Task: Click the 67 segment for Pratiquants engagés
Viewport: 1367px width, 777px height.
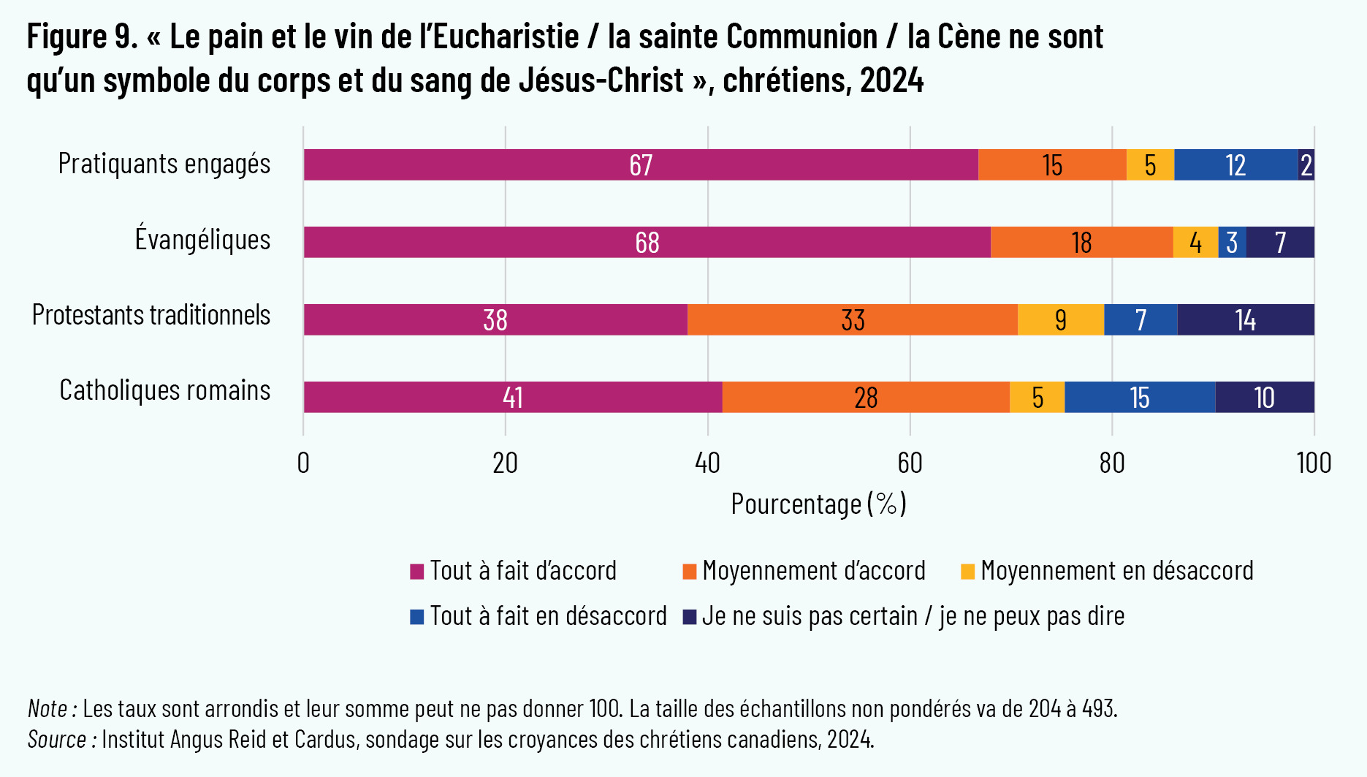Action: [641, 165]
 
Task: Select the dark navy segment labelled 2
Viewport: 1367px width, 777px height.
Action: [1306, 165]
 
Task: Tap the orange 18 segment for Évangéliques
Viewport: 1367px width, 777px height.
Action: [1081, 243]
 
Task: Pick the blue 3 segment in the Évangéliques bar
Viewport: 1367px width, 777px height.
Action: [1232, 243]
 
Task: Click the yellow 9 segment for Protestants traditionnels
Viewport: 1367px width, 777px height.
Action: [1060, 320]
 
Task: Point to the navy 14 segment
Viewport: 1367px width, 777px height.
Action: [1245, 320]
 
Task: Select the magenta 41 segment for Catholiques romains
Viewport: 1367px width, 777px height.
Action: [512, 398]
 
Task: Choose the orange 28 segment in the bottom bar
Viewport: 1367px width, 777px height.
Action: [866, 398]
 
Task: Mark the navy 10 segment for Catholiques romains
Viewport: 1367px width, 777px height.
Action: [1264, 398]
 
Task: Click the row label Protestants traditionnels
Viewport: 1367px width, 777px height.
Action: [151, 315]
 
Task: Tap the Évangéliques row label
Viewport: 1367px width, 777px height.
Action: [202, 240]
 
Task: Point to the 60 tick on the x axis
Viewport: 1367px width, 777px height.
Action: [910, 463]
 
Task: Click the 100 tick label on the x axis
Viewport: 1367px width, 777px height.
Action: [1314, 463]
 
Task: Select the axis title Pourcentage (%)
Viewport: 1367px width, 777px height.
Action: [818, 504]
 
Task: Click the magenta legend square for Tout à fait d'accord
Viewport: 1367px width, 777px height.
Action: [417, 572]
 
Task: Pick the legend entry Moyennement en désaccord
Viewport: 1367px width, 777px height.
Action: [1116, 571]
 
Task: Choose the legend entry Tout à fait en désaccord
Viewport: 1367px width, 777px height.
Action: [548, 616]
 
